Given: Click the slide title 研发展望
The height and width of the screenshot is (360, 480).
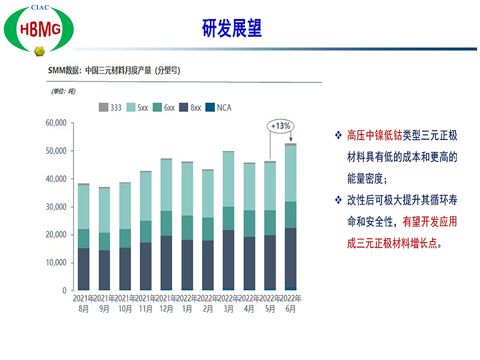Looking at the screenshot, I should (232, 28).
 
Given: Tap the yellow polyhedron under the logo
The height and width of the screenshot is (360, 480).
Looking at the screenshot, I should (39, 52).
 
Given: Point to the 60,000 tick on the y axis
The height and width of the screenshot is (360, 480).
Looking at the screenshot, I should (56, 123).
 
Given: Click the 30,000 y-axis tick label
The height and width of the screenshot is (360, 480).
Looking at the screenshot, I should (56, 207).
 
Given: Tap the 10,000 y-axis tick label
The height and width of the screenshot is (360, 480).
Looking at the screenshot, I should (56, 263).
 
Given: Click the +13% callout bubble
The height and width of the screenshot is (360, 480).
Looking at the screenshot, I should (280, 126).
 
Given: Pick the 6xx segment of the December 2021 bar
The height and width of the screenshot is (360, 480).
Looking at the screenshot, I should (166, 223).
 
